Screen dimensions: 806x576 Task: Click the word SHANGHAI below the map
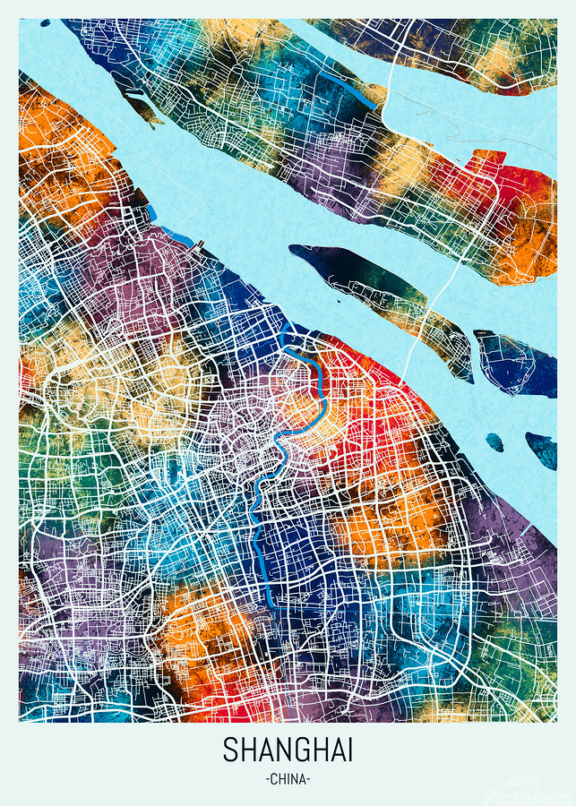(x=288, y=750)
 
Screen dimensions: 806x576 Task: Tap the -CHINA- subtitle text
(x=288, y=779)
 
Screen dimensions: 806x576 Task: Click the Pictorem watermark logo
(x=529, y=793)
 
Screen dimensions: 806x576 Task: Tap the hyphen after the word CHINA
(x=308, y=779)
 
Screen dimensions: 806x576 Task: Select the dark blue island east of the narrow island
(x=515, y=363)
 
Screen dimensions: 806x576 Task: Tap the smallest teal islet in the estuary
(x=494, y=442)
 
